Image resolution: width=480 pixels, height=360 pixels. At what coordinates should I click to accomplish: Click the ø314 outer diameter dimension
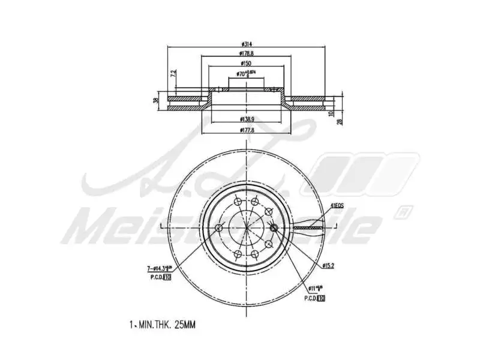(246, 44)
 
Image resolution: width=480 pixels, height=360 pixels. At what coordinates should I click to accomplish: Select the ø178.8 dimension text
(246, 54)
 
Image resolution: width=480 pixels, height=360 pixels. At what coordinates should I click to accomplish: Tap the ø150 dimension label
(246, 63)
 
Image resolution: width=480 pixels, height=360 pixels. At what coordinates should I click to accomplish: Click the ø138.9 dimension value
(246, 120)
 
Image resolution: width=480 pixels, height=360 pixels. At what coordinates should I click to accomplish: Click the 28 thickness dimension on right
(340, 122)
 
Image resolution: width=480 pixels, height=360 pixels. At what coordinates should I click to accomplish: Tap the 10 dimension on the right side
(331, 112)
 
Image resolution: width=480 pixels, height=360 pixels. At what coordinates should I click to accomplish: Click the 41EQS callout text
(337, 206)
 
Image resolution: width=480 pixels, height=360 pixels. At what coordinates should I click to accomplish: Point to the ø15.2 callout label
(328, 265)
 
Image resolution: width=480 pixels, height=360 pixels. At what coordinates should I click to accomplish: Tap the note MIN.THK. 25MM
(163, 325)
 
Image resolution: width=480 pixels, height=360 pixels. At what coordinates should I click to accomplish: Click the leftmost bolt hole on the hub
(218, 227)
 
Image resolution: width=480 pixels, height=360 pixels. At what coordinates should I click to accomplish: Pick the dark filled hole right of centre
(274, 227)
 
